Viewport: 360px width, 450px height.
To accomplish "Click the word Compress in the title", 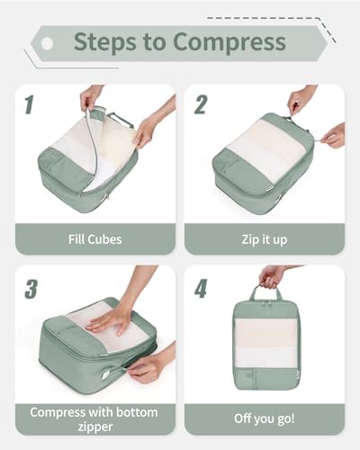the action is pos(229,42).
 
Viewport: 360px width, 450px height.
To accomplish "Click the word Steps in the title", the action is pos(104,41).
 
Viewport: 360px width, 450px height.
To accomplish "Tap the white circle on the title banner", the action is pos(47,43).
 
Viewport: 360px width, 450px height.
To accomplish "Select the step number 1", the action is pos(29,104).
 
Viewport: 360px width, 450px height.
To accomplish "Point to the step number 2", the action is pos(201,104).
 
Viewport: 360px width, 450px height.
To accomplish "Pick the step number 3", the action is pos(31,289).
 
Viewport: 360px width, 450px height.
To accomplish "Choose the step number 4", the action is pos(201,288).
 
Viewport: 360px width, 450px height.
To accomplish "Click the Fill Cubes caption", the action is pos(95,239).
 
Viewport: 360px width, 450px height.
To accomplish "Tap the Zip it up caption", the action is pos(265,240).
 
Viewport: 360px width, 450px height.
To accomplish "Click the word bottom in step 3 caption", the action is pos(137,412).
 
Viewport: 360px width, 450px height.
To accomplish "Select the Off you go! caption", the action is pos(265,418).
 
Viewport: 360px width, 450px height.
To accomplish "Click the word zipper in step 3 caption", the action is pos(95,427).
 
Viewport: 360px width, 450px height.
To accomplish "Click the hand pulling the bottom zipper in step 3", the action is pos(149,367).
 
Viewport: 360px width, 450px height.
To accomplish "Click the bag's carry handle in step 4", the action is pos(265,292).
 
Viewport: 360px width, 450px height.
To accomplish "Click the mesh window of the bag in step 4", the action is pos(265,343).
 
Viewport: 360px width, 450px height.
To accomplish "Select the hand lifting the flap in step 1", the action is pos(91,96).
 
